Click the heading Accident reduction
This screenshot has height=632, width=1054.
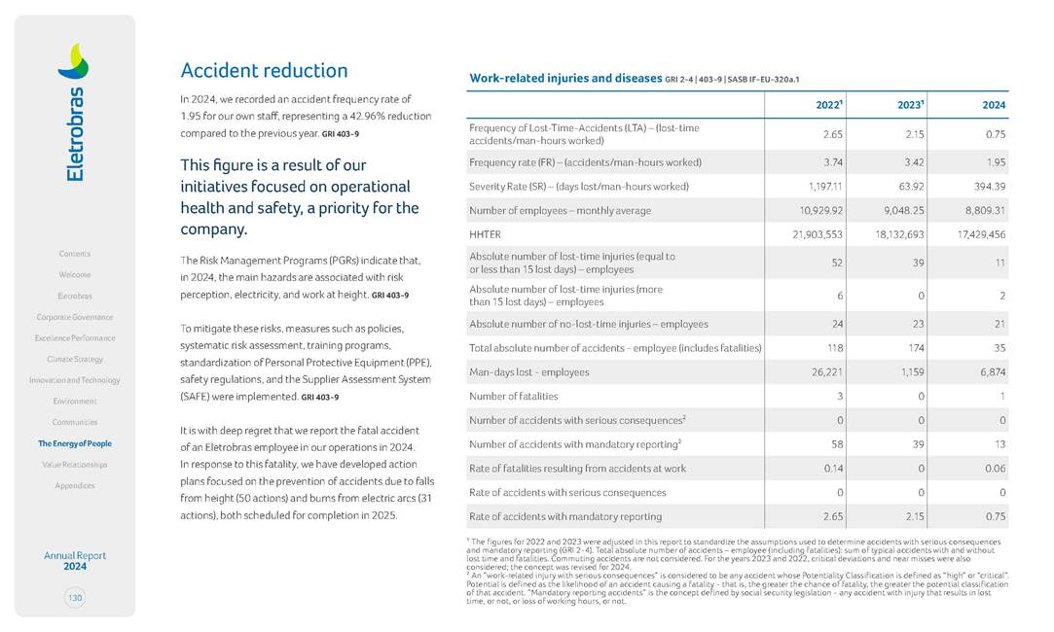coord(264,71)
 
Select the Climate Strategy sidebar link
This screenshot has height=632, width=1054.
coord(75,360)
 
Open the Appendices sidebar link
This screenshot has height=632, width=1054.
coord(75,485)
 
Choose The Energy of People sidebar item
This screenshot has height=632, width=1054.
coord(75,443)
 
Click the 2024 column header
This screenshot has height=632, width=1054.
coord(994,104)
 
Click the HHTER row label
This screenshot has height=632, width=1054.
coord(485,234)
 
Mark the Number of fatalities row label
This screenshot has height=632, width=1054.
coord(514,396)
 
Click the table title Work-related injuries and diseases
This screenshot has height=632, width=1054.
coord(564,78)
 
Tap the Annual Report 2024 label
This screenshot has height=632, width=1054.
coord(75,561)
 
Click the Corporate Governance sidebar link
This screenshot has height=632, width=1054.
coord(75,317)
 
